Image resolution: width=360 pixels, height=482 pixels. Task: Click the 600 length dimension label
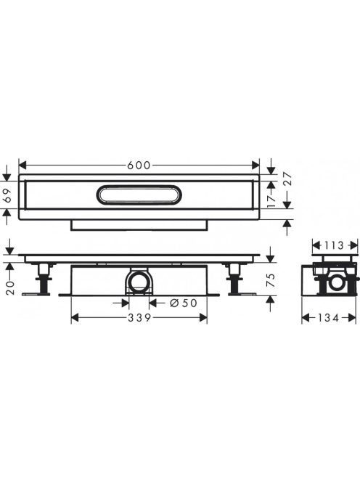(139, 166)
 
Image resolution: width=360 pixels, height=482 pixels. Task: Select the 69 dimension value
(8, 195)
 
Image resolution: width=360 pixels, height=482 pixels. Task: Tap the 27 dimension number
(287, 179)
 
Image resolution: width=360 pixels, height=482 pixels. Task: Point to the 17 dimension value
(271, 201)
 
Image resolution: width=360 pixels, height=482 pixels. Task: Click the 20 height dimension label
(10, 287)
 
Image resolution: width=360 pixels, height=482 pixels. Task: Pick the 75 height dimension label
(271, 280)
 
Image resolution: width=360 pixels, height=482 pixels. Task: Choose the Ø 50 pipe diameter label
(183, 303)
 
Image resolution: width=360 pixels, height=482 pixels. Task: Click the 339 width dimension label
(139, 317)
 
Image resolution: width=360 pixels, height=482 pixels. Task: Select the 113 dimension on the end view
(334, 245)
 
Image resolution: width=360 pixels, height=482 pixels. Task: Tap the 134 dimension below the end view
(328, 317)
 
